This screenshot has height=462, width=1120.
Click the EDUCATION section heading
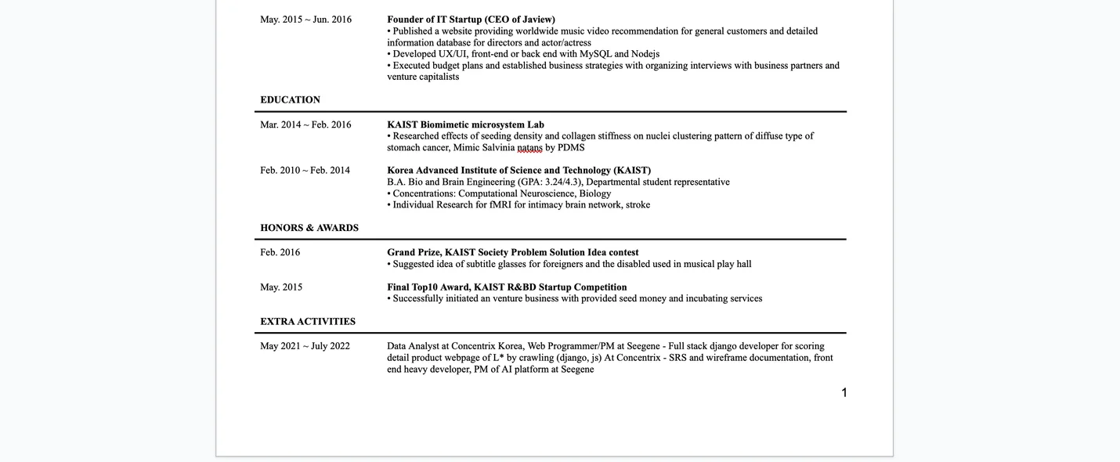(x=290, y=100)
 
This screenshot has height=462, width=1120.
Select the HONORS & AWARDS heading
(x=309, y=228)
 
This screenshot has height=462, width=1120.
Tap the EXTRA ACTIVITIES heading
(x=308, y=322)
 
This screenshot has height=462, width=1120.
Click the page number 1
(x=844, y=392)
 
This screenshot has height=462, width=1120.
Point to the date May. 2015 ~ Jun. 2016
(x=305, y=20)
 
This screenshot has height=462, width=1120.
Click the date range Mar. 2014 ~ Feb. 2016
(x=305, y=125)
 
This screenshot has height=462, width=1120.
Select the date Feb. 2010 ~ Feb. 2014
(x=305, y=171)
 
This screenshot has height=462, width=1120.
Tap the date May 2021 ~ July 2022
(x=305, y=346)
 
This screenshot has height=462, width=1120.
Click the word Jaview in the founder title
(x=538, y=20)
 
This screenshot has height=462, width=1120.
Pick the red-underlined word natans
(x=529, y=147)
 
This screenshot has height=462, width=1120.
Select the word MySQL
(x=595, y=54)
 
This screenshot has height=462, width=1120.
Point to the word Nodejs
(x=645, y=54)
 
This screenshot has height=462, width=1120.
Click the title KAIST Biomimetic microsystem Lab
(x=465, y=125)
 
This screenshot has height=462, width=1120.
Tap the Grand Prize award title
(x=512, y=252)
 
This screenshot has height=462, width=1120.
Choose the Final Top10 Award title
(x=507, y=287)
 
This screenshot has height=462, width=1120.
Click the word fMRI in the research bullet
(x=500, y=205)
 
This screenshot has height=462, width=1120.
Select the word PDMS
(x=571, y=147)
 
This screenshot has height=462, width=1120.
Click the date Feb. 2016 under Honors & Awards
(x=280, y=252)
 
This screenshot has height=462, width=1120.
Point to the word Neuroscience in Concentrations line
(x=545, y=193)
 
